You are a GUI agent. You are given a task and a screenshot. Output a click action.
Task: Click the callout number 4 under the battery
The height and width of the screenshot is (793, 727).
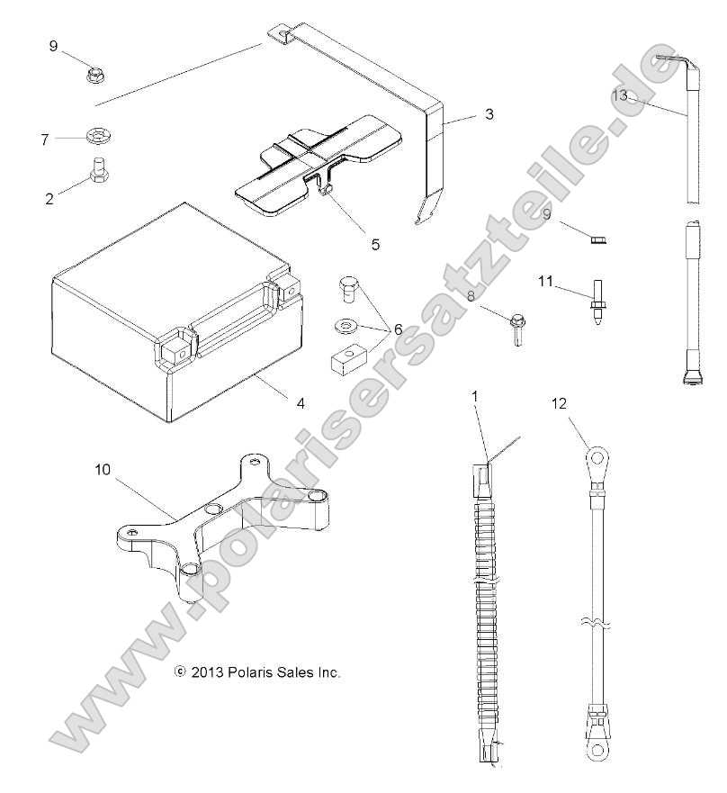click(301, 403)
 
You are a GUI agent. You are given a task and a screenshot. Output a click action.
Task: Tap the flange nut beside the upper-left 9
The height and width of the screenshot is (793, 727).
click(95, 75)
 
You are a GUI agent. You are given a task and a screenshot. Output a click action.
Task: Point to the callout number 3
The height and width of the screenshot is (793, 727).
click(489, 114)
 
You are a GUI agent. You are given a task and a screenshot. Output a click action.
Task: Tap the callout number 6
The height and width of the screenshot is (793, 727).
click(398, 329)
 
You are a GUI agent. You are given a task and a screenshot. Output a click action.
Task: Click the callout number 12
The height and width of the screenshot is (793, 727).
click(560, 404)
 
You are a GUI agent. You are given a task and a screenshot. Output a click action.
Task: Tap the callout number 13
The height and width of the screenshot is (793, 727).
click(619, 94)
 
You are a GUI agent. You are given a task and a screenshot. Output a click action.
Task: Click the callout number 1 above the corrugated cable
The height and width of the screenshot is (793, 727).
click(476, 395)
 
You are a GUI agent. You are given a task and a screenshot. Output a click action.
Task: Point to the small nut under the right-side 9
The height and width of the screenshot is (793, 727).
click(596, 238)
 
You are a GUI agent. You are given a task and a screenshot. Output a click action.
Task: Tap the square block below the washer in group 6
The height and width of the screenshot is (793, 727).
click(345, 362)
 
